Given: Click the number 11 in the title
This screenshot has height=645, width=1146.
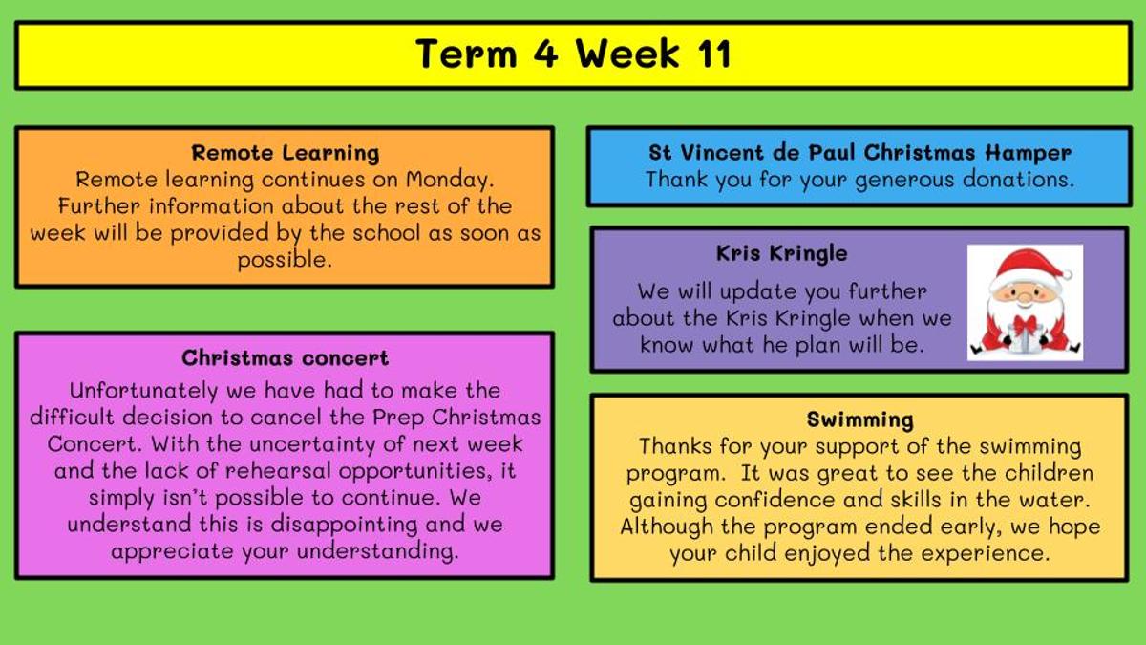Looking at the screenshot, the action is point(714,54).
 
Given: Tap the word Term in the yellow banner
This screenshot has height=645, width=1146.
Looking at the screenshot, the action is point(466,54).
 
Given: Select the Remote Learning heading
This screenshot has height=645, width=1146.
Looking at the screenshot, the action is point(286,153).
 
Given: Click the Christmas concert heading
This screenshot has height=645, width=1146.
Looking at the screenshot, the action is point(285,358).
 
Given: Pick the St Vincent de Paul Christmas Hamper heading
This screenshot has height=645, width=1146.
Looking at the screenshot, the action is point(860,153).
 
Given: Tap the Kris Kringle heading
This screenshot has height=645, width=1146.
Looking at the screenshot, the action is point(782,254).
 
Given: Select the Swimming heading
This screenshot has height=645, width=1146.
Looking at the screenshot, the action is point(860,420).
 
